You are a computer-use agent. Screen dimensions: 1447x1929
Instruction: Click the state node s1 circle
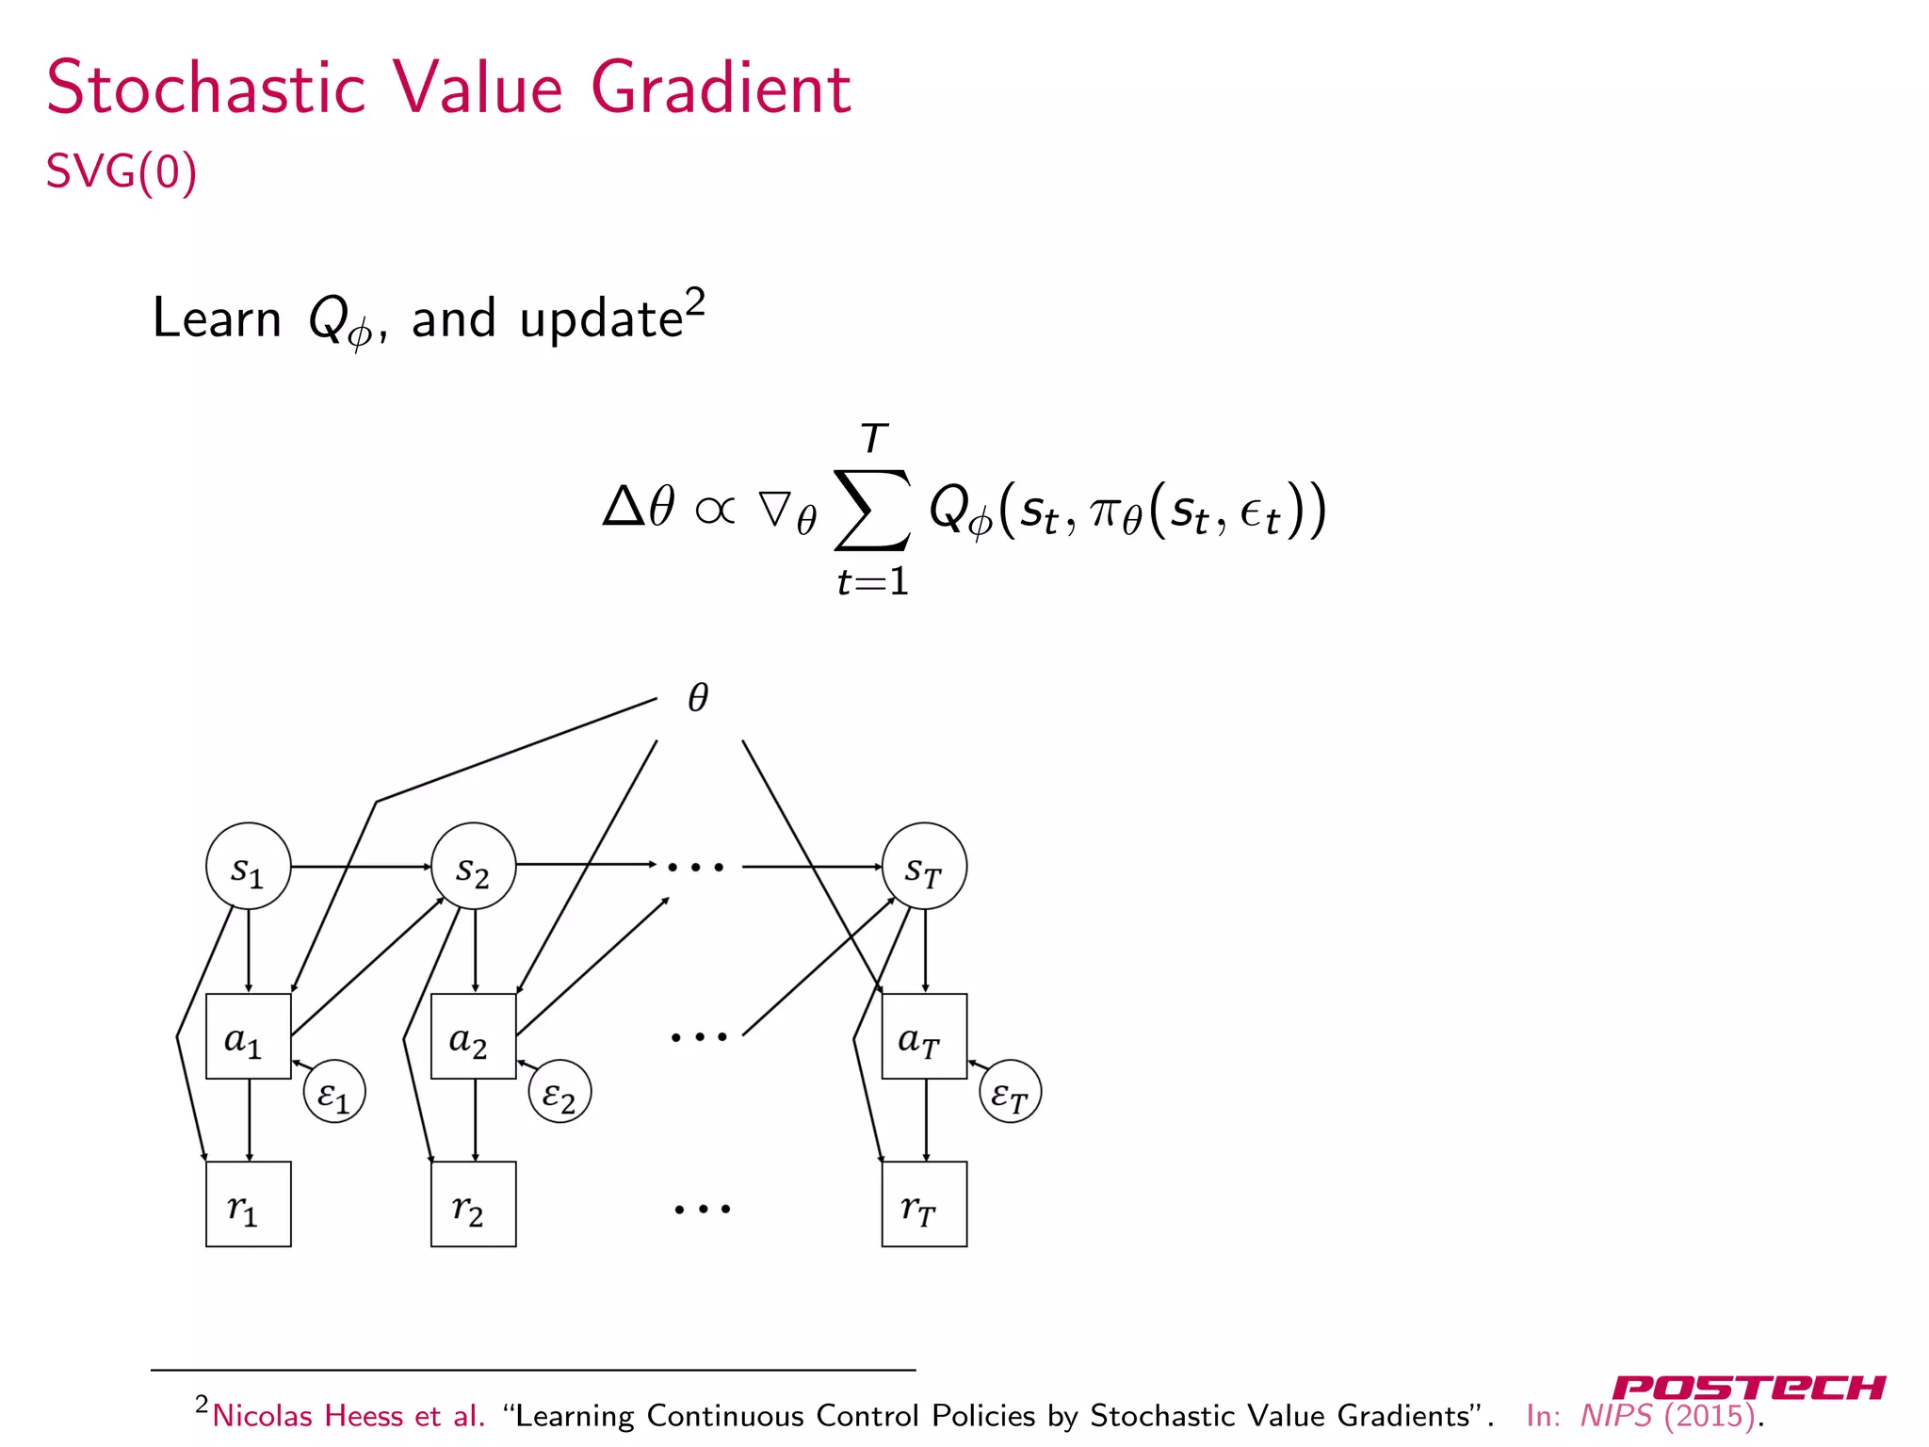248,866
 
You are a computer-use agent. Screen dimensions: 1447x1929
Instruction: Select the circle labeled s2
473,866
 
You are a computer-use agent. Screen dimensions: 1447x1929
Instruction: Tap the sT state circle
924,866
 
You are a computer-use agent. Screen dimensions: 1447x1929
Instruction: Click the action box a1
248,1036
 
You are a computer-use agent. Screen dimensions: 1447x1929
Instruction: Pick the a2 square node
473,1036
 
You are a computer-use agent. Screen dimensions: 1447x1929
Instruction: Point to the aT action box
924,1036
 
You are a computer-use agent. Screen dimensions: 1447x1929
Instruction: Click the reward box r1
248,1204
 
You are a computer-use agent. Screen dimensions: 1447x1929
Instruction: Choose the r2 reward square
473,1204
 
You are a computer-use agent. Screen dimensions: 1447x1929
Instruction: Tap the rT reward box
924,1204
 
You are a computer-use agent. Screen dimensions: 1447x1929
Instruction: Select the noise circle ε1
334,1092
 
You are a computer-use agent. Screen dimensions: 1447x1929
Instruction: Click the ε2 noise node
559,1092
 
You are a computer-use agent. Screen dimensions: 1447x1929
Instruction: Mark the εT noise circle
1011,1092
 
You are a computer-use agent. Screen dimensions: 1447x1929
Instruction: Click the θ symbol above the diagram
698,698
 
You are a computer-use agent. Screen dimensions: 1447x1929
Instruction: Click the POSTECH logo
1748,1388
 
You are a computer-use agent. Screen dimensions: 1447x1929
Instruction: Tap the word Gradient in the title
721,89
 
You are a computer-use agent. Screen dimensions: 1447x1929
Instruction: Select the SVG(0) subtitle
122,171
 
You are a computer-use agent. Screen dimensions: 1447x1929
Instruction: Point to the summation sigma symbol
872,510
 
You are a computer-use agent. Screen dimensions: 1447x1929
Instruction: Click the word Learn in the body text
217,318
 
